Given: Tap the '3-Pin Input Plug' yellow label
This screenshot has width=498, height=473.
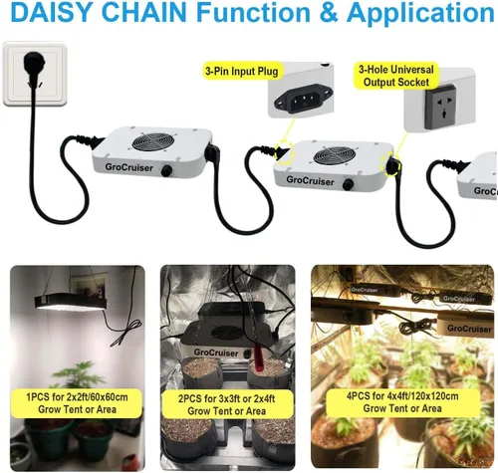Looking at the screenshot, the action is coord(241,72).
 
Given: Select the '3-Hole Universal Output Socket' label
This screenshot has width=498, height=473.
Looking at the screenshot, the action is coord(396,77).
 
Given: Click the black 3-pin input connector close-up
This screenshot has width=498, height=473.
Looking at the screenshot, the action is coord(304,98).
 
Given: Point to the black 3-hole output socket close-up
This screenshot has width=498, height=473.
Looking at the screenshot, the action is coord(441,107).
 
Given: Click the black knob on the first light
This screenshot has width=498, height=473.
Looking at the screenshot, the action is coord(166,171).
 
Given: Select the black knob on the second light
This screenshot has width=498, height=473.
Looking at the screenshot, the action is coord(348,184).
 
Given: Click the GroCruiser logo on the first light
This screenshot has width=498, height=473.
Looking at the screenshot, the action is coord(128,167).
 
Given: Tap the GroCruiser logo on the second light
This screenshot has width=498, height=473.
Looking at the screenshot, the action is coord(310,180).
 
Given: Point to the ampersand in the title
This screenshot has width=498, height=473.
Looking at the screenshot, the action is coord(329,12).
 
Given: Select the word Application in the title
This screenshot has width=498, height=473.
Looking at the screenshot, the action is coord(420,13).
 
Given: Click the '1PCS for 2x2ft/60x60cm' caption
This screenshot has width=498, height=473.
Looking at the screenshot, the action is coord(77,397).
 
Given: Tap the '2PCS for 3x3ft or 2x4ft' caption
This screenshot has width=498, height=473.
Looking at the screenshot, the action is coord(226,398).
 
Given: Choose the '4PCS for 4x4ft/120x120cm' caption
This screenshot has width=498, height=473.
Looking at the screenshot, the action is coord(402,396).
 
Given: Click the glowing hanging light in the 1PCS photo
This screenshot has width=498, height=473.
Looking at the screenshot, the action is coord(71,302).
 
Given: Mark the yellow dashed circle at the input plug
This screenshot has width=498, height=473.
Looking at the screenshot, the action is coord(284,153).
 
